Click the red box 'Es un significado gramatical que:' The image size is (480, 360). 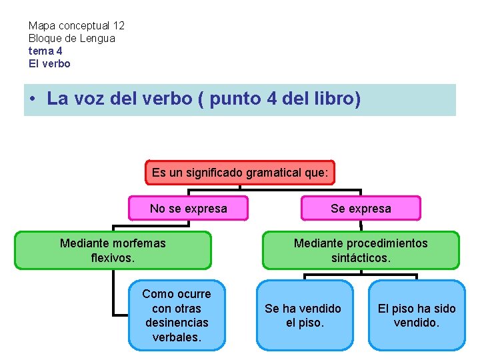coord(240,173)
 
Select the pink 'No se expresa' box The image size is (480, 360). coord(188,209)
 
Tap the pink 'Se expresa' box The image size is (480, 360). coord(361,209)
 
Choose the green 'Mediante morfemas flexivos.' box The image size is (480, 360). coord(113,250)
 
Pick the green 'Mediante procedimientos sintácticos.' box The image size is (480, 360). coord(361,250)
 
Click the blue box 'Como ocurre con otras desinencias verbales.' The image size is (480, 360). coord(177,315)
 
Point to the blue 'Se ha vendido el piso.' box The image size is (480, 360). coord(303,315)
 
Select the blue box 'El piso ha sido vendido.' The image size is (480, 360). coord(417,315)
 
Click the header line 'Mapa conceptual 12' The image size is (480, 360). coord(76,26)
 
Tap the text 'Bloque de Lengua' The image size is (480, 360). coord(71,39)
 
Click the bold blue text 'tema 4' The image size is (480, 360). coord(45,51)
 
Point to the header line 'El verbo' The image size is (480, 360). coord(49,64)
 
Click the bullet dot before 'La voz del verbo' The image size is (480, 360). coord(33,100)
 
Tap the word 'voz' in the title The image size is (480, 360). coord(91,99)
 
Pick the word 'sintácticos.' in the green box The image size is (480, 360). coord(361,257)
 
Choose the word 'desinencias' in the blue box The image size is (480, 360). coord(177,323)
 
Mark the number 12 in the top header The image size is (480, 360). coord(118,26)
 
